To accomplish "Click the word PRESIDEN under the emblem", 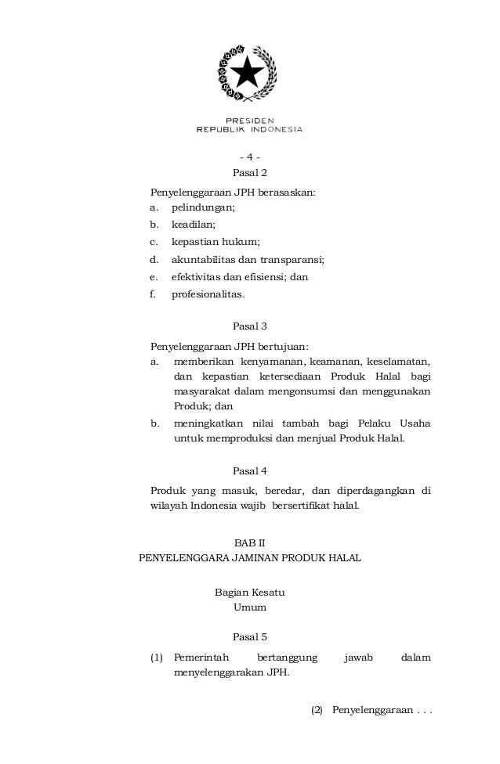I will pos(250,120).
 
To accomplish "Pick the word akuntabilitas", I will pos(203,260).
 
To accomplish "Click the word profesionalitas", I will pos(208,294).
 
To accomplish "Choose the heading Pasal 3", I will pos(250,327).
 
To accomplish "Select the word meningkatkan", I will pos(209,423).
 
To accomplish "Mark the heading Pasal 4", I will pos(250,471).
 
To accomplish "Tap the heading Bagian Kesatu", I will pos(250,593).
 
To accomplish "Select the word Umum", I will pos(250,607).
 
